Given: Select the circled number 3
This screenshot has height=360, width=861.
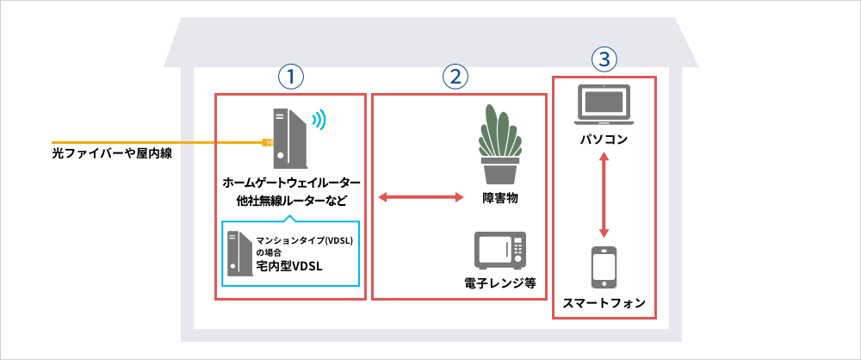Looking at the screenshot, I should click(x=604, y=59).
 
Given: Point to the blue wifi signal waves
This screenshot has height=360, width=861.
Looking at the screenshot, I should click(x=319, y=120).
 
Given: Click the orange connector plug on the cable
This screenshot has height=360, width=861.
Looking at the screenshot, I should click(x=267, y=142).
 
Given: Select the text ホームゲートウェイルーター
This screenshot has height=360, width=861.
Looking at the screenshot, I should click(x=290, y=183).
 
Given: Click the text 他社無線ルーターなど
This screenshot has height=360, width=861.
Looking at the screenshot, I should click(x=290, y=203).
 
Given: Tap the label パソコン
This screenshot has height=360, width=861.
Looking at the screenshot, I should click(x=604, y=138).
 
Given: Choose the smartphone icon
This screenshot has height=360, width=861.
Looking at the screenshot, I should click(x=604, y=268).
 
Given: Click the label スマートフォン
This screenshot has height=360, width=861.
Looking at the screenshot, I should click(x=604, y=303).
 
